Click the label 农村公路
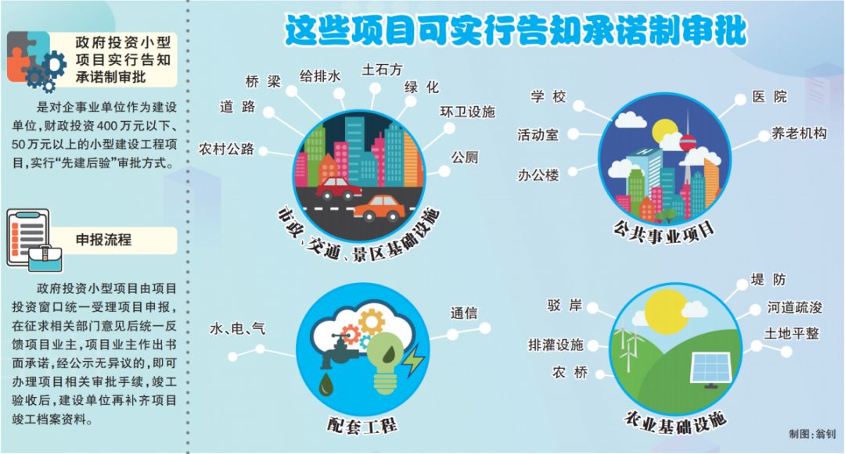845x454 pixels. (x=226, y=149)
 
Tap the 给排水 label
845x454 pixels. (x=320, y=77)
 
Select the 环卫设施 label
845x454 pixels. (x=467, y=111)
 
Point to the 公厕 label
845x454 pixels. (x=465, y=157)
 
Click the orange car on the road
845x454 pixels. (x=379, y=208)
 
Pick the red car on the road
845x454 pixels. (x=339, y=188)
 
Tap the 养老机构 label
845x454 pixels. (x=798, y=133)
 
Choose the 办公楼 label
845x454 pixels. (x=538, y=175)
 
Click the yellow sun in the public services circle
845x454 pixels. (x=664, y=132)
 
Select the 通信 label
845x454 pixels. (x=464, y=313)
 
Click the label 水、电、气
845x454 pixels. (x=237, y=328)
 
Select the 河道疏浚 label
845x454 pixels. (x=795, y=307)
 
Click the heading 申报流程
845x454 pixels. (x=103, y=239)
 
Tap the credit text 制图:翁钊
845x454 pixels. (x=811, y=434)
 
